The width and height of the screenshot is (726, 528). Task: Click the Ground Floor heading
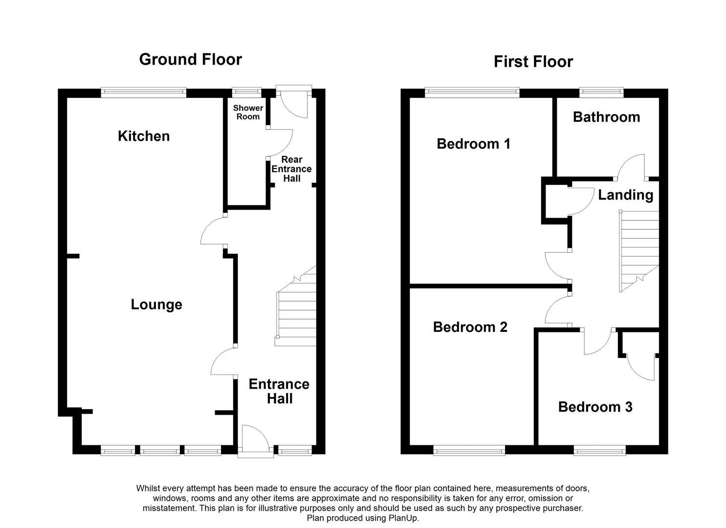click(190, 59)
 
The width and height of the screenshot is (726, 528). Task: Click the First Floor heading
click(533, 62)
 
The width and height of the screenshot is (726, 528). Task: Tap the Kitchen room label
click(144, 136)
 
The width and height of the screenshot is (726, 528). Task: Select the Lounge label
click(156, 305)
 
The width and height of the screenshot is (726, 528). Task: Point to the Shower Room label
click(248, 112)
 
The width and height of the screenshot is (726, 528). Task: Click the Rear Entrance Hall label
click(291, 169)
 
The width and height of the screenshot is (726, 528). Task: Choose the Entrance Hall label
click(279, 391)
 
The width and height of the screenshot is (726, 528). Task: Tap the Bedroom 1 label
click(473, 144)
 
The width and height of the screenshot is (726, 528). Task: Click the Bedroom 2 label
click(470, 327)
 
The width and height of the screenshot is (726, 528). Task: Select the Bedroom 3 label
click(595, 407)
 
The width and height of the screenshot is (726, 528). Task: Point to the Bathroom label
click(606, 117)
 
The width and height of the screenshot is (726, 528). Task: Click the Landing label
click(625, 195)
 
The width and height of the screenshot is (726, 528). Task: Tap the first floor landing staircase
click(639, 252)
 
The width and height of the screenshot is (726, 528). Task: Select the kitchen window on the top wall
click(143, 91)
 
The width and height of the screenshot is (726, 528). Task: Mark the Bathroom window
click(601, 91)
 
